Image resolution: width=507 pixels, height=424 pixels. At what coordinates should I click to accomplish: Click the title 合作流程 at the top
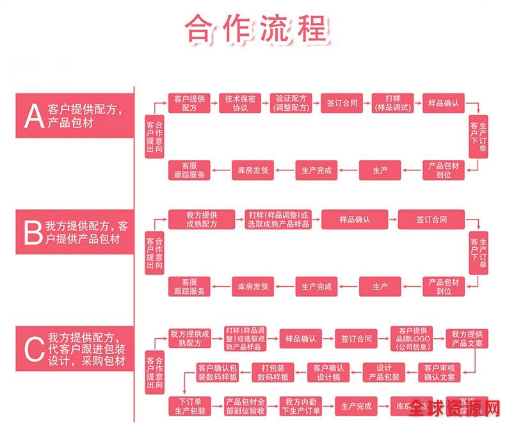click(256, 28)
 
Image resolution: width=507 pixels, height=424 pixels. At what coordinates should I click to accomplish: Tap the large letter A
click(33, 115)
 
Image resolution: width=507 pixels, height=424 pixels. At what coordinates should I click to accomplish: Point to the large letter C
click(33, 349)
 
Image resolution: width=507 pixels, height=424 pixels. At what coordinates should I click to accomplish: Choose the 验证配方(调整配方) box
click(291, 103)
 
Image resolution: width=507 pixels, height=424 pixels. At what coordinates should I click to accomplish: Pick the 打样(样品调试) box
click(392, 103)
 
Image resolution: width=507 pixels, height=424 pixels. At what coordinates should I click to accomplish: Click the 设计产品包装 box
click(384, 372)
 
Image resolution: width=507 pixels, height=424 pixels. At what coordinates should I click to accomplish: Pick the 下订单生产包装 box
click(189, 406)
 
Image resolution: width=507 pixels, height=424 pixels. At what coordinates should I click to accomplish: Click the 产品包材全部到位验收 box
click(245, 406)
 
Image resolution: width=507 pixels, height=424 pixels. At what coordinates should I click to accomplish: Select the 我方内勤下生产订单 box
click(301, 406)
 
